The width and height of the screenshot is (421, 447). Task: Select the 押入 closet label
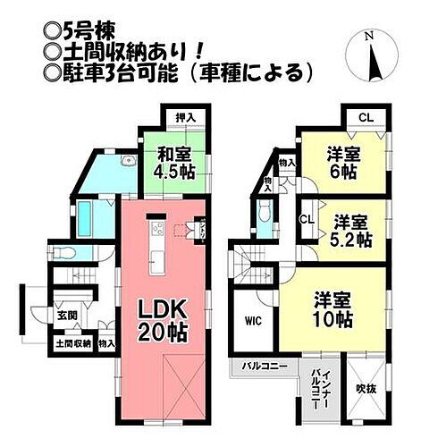click(184, 117)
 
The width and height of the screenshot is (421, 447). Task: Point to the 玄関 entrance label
click(68, 315)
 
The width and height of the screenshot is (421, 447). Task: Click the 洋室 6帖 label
click(343, 162)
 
